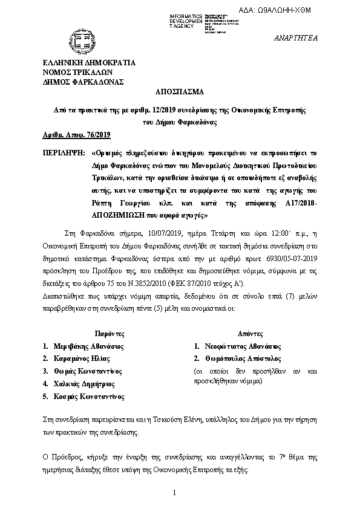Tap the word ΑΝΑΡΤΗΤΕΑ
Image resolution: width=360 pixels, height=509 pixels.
click(315, 37)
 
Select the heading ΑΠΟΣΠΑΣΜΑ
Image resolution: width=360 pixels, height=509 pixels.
click(180, 94)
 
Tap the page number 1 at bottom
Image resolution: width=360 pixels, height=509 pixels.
click(174, 494)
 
